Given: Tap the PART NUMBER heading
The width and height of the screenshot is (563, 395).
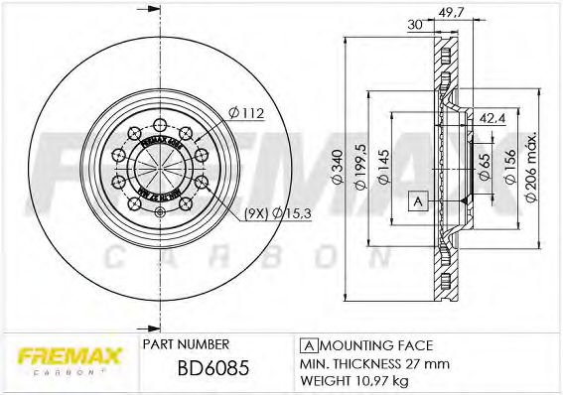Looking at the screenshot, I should coord(187,344).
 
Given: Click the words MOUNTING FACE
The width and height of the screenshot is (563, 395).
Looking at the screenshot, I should coord(375,344).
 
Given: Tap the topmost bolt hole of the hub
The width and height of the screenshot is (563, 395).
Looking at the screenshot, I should coord(159,125).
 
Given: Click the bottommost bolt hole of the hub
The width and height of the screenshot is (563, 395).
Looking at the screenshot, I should coord(159,212).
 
